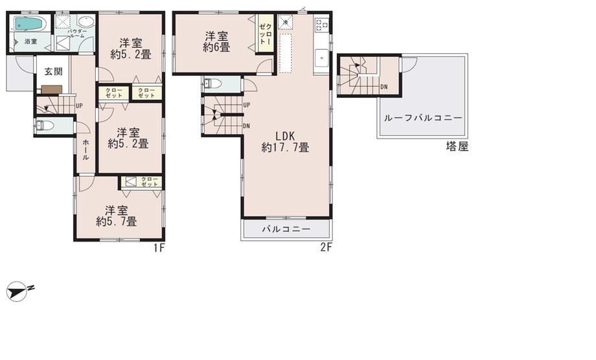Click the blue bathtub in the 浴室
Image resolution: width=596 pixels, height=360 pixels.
28,25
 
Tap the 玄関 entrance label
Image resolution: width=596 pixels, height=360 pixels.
45,72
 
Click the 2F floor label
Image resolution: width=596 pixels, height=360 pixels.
327,247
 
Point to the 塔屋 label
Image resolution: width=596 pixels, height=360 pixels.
457,146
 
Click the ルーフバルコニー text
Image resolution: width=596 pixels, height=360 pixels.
422,118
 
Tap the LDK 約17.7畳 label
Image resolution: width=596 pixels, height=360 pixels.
285,142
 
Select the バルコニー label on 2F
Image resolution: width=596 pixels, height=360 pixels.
286,229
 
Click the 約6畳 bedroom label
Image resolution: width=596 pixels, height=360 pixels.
216,41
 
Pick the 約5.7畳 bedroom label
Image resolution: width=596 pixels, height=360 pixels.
117,216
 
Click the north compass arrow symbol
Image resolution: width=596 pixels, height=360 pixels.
19,291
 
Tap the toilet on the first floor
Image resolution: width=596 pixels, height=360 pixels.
44,126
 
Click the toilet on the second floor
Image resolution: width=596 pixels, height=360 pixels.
213,84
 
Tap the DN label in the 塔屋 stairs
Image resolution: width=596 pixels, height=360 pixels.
384,87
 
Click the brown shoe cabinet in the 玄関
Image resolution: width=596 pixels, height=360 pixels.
52,89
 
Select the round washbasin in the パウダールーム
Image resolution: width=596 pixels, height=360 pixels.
86,21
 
